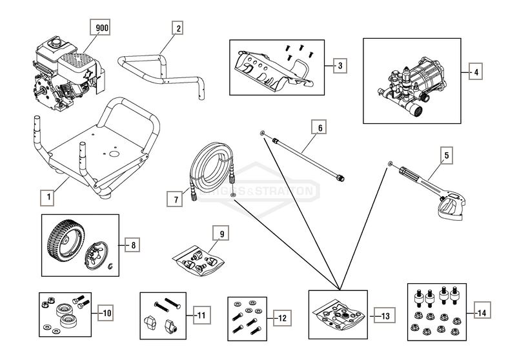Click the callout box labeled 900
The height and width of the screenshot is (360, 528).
(x=101, y=28)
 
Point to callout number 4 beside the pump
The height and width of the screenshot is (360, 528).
(x=475, y=72)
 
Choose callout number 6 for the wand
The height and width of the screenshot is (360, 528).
(x=318, y=127)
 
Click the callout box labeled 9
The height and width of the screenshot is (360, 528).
(x=221, y=234)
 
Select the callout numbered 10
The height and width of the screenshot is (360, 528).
(x=105, y=314)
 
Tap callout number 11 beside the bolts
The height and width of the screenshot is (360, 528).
(x=201, y=315)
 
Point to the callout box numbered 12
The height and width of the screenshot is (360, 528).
(x=281, y=317)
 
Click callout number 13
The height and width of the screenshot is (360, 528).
(x=385, y=316)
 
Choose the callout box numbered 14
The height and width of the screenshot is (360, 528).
(x=481, y=312)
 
